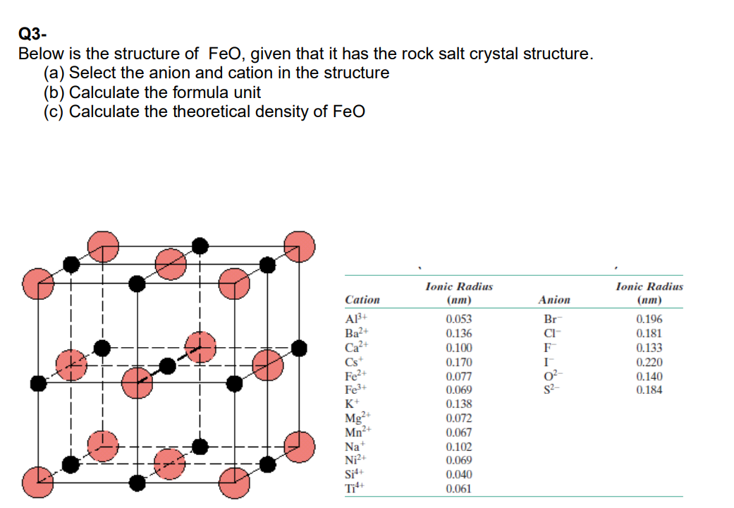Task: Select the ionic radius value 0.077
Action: point(459,376)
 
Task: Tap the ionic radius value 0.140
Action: point(649,376)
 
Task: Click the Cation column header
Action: point(362,300)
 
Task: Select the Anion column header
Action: point(554,300)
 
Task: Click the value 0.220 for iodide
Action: point(649,362)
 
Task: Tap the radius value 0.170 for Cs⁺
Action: point(459,362)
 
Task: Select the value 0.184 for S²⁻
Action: point(649,390)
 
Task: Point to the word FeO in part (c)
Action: point(348,111)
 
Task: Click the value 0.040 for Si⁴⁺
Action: point(459,474)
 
